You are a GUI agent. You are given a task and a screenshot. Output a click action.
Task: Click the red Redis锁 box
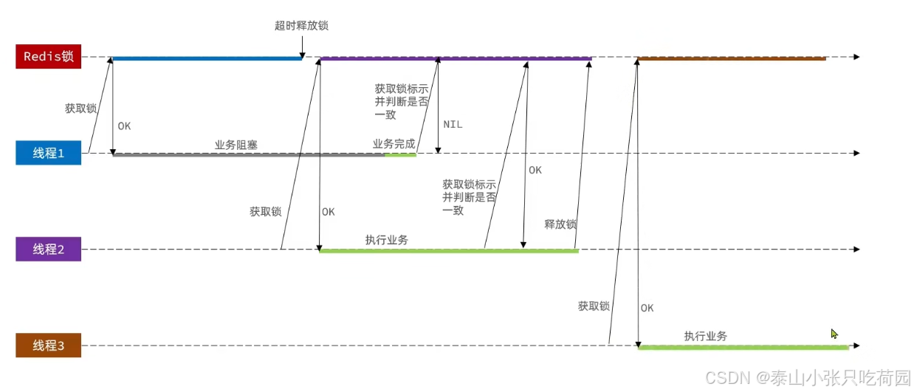pyautogui.click(x=48, y=56)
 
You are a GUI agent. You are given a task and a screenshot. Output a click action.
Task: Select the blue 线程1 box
pyautogui.click(x=48, y=153)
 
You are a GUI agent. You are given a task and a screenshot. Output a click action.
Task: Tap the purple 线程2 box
pyautogui.click(x=48, y=250)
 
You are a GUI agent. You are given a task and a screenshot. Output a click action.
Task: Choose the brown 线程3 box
pyautogui.click(x=48, y=345)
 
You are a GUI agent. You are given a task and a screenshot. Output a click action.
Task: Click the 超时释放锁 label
pyautogui.click(x=301, y=26)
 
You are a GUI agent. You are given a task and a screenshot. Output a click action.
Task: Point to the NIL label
pyautogui.click(x=453, y=124)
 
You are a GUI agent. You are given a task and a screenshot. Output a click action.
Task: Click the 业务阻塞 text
pyautogui.click(x=236, y=145)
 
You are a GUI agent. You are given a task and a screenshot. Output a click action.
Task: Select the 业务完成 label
pyautogui.click(x=394, y=144)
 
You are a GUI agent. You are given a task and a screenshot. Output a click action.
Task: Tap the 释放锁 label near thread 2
pyautogui.click(x=560, y=224)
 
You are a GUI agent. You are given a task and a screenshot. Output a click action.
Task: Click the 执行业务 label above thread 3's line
pyautogui.click(x=705, y=336)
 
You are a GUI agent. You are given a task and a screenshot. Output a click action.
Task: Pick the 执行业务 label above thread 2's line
pyautogui.click(x=386, y=240)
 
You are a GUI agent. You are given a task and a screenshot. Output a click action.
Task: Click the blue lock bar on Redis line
pyautogui.click(x=207, y=58)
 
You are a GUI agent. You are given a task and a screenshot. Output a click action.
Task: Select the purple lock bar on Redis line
pyautogui.click(x=456, y=58)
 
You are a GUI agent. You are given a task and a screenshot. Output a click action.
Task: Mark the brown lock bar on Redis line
pyautogui.click(x=731, y=58)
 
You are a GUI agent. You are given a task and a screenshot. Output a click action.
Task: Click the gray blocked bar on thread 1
pyautogui.click(x=248, y=155)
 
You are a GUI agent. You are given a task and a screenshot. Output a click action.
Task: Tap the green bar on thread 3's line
pyautogui.click(x=742, y=347)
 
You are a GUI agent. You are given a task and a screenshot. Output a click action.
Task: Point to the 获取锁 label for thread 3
pyautogui.click(x=594, y=306)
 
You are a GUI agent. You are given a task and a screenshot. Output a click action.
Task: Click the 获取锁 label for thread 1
pyautogui.click(x=80, y=109)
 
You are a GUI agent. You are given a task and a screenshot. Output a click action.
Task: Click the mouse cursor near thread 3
pyautogui.click(x=834, y=334)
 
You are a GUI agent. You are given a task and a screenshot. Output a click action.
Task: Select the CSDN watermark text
pyautogui.click(x=808, y=378)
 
